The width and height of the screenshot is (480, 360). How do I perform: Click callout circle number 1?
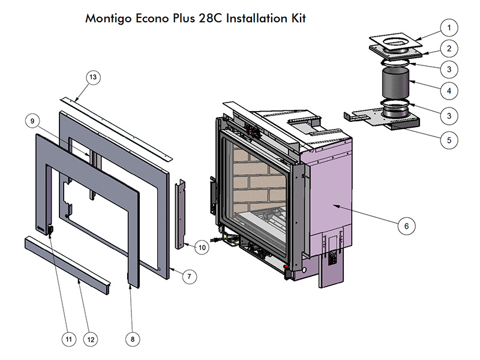point(448,28)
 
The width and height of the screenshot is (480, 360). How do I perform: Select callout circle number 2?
point(448,48)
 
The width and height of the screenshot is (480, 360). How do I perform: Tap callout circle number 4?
point(448,91)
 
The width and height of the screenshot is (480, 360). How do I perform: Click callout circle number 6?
point(406,226)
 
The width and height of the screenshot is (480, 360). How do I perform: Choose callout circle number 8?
point(133,339)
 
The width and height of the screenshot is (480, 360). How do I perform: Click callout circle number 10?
point(202,247)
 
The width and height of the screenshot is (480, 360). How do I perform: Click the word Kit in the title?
point(296,18)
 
